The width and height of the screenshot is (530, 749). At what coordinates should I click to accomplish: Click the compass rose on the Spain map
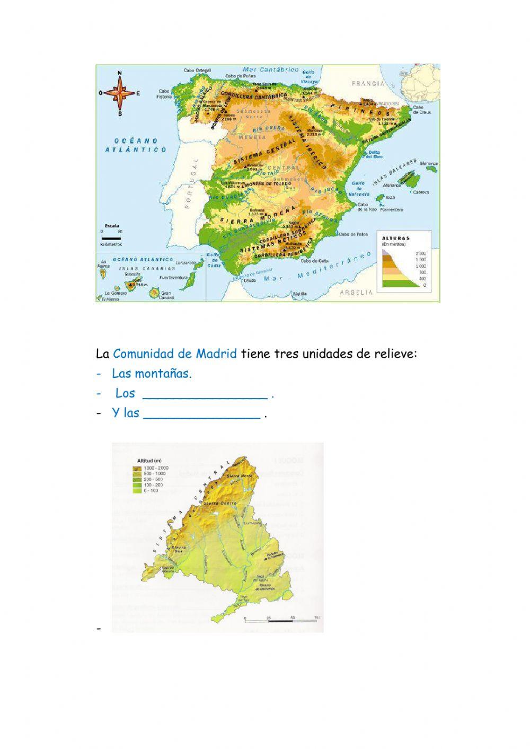120,93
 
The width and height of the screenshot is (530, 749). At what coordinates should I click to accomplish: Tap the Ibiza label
391,197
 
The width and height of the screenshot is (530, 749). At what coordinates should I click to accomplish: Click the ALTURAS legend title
396,239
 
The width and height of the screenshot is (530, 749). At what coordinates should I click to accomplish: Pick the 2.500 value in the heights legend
420,253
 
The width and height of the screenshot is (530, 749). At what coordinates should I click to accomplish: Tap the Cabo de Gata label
313,260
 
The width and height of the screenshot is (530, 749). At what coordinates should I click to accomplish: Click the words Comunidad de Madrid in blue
175,354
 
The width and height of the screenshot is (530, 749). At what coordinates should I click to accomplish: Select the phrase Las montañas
152,374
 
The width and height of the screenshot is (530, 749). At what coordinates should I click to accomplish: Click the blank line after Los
205,394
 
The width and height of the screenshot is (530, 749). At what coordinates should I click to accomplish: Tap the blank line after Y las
202,414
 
